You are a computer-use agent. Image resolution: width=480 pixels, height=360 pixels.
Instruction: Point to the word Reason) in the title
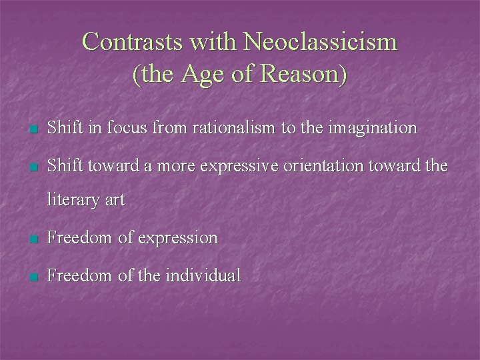(306, 73)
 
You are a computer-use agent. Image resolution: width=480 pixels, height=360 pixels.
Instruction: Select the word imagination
(373, 128)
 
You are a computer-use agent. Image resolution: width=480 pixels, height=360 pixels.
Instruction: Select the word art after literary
(114, 201)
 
